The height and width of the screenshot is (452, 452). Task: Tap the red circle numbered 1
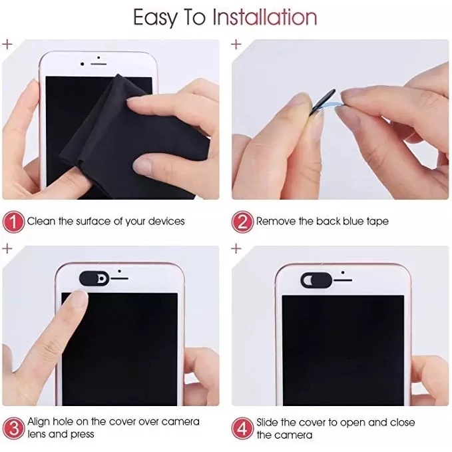[13, 222]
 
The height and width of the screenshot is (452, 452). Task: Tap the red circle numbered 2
[242, 222]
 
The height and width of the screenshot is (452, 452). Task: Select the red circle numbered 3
[13, 427]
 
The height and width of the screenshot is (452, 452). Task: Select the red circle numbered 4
[242, 427]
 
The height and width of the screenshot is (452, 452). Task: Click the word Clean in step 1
[41, 221]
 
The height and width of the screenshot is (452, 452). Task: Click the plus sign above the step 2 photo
[236, 44]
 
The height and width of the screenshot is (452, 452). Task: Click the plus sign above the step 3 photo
[7, 248]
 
